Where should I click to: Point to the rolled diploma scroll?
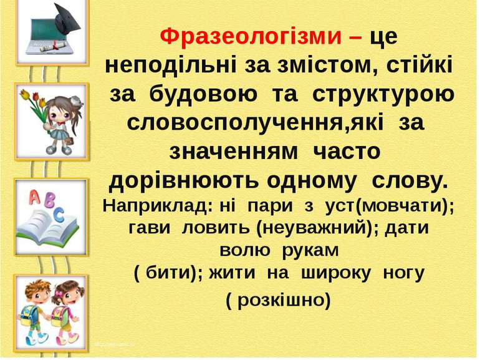[54, 47]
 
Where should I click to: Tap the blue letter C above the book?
[59, 215]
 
